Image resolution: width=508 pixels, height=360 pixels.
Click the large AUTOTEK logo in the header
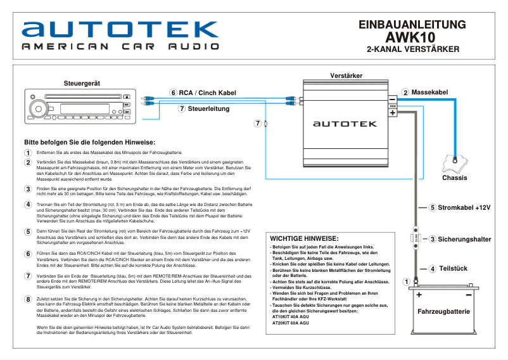(120, 29)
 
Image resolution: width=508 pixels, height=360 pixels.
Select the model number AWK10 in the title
(412, 37)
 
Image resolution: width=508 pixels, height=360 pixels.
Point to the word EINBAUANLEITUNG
(412, 25)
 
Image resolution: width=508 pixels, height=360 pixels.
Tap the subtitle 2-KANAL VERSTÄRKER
(412, 49)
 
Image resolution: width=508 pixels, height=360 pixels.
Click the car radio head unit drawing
(79, 106)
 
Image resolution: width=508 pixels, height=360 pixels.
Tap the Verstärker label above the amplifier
(346, 76)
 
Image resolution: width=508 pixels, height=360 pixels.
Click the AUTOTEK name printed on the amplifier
(345, 125)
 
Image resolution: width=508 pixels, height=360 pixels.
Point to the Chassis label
(454, 178)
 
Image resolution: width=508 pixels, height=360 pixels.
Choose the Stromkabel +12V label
(464, 207)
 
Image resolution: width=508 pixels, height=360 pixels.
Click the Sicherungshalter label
(464, 240)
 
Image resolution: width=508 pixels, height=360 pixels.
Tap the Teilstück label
(453, 269)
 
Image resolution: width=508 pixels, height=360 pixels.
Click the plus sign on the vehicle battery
(419, 295)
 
